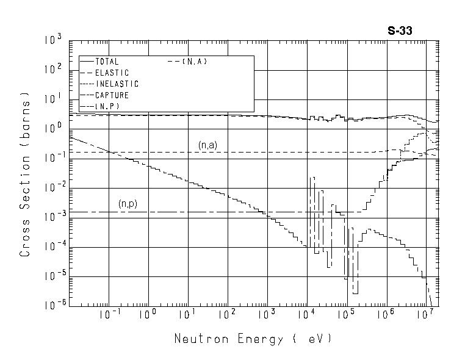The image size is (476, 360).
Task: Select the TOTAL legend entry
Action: click(x=107, y=62)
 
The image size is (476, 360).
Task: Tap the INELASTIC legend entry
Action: click(x=117, y=84)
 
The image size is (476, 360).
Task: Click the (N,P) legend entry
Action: click(x=107, y=106)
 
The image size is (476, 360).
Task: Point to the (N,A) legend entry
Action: click(x=195, y=62)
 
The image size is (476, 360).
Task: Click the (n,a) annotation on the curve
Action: click(x=208, y=145)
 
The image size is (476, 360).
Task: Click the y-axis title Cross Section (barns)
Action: click(x=25, y=173)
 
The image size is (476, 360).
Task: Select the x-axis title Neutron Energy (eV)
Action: click(x=253, y=339)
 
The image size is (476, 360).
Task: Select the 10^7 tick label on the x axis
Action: click(x=424, y=315)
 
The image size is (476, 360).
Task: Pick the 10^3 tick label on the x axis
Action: click(x=267, y=315)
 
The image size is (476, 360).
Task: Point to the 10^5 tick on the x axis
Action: click(x=345, y=315)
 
